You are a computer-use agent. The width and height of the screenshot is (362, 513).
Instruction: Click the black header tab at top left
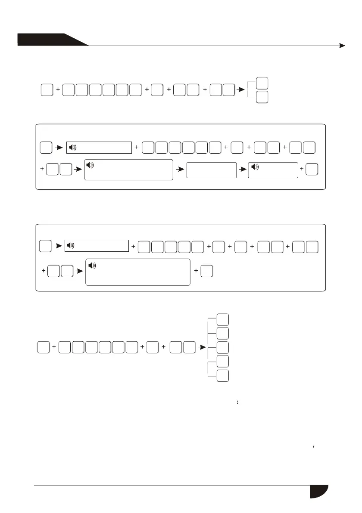47,40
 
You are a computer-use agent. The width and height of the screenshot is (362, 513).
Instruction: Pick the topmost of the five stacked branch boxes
223,319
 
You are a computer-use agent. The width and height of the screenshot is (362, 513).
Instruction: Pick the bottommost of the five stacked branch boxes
223,375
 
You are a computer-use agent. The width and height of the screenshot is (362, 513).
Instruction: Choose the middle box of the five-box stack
223,347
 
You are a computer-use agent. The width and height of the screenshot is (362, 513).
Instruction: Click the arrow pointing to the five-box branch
200,346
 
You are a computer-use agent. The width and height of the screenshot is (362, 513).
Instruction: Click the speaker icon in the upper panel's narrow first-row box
73,148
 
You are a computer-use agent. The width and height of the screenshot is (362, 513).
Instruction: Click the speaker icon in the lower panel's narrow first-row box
72,246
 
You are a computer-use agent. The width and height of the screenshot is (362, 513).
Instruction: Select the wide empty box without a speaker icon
212,170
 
